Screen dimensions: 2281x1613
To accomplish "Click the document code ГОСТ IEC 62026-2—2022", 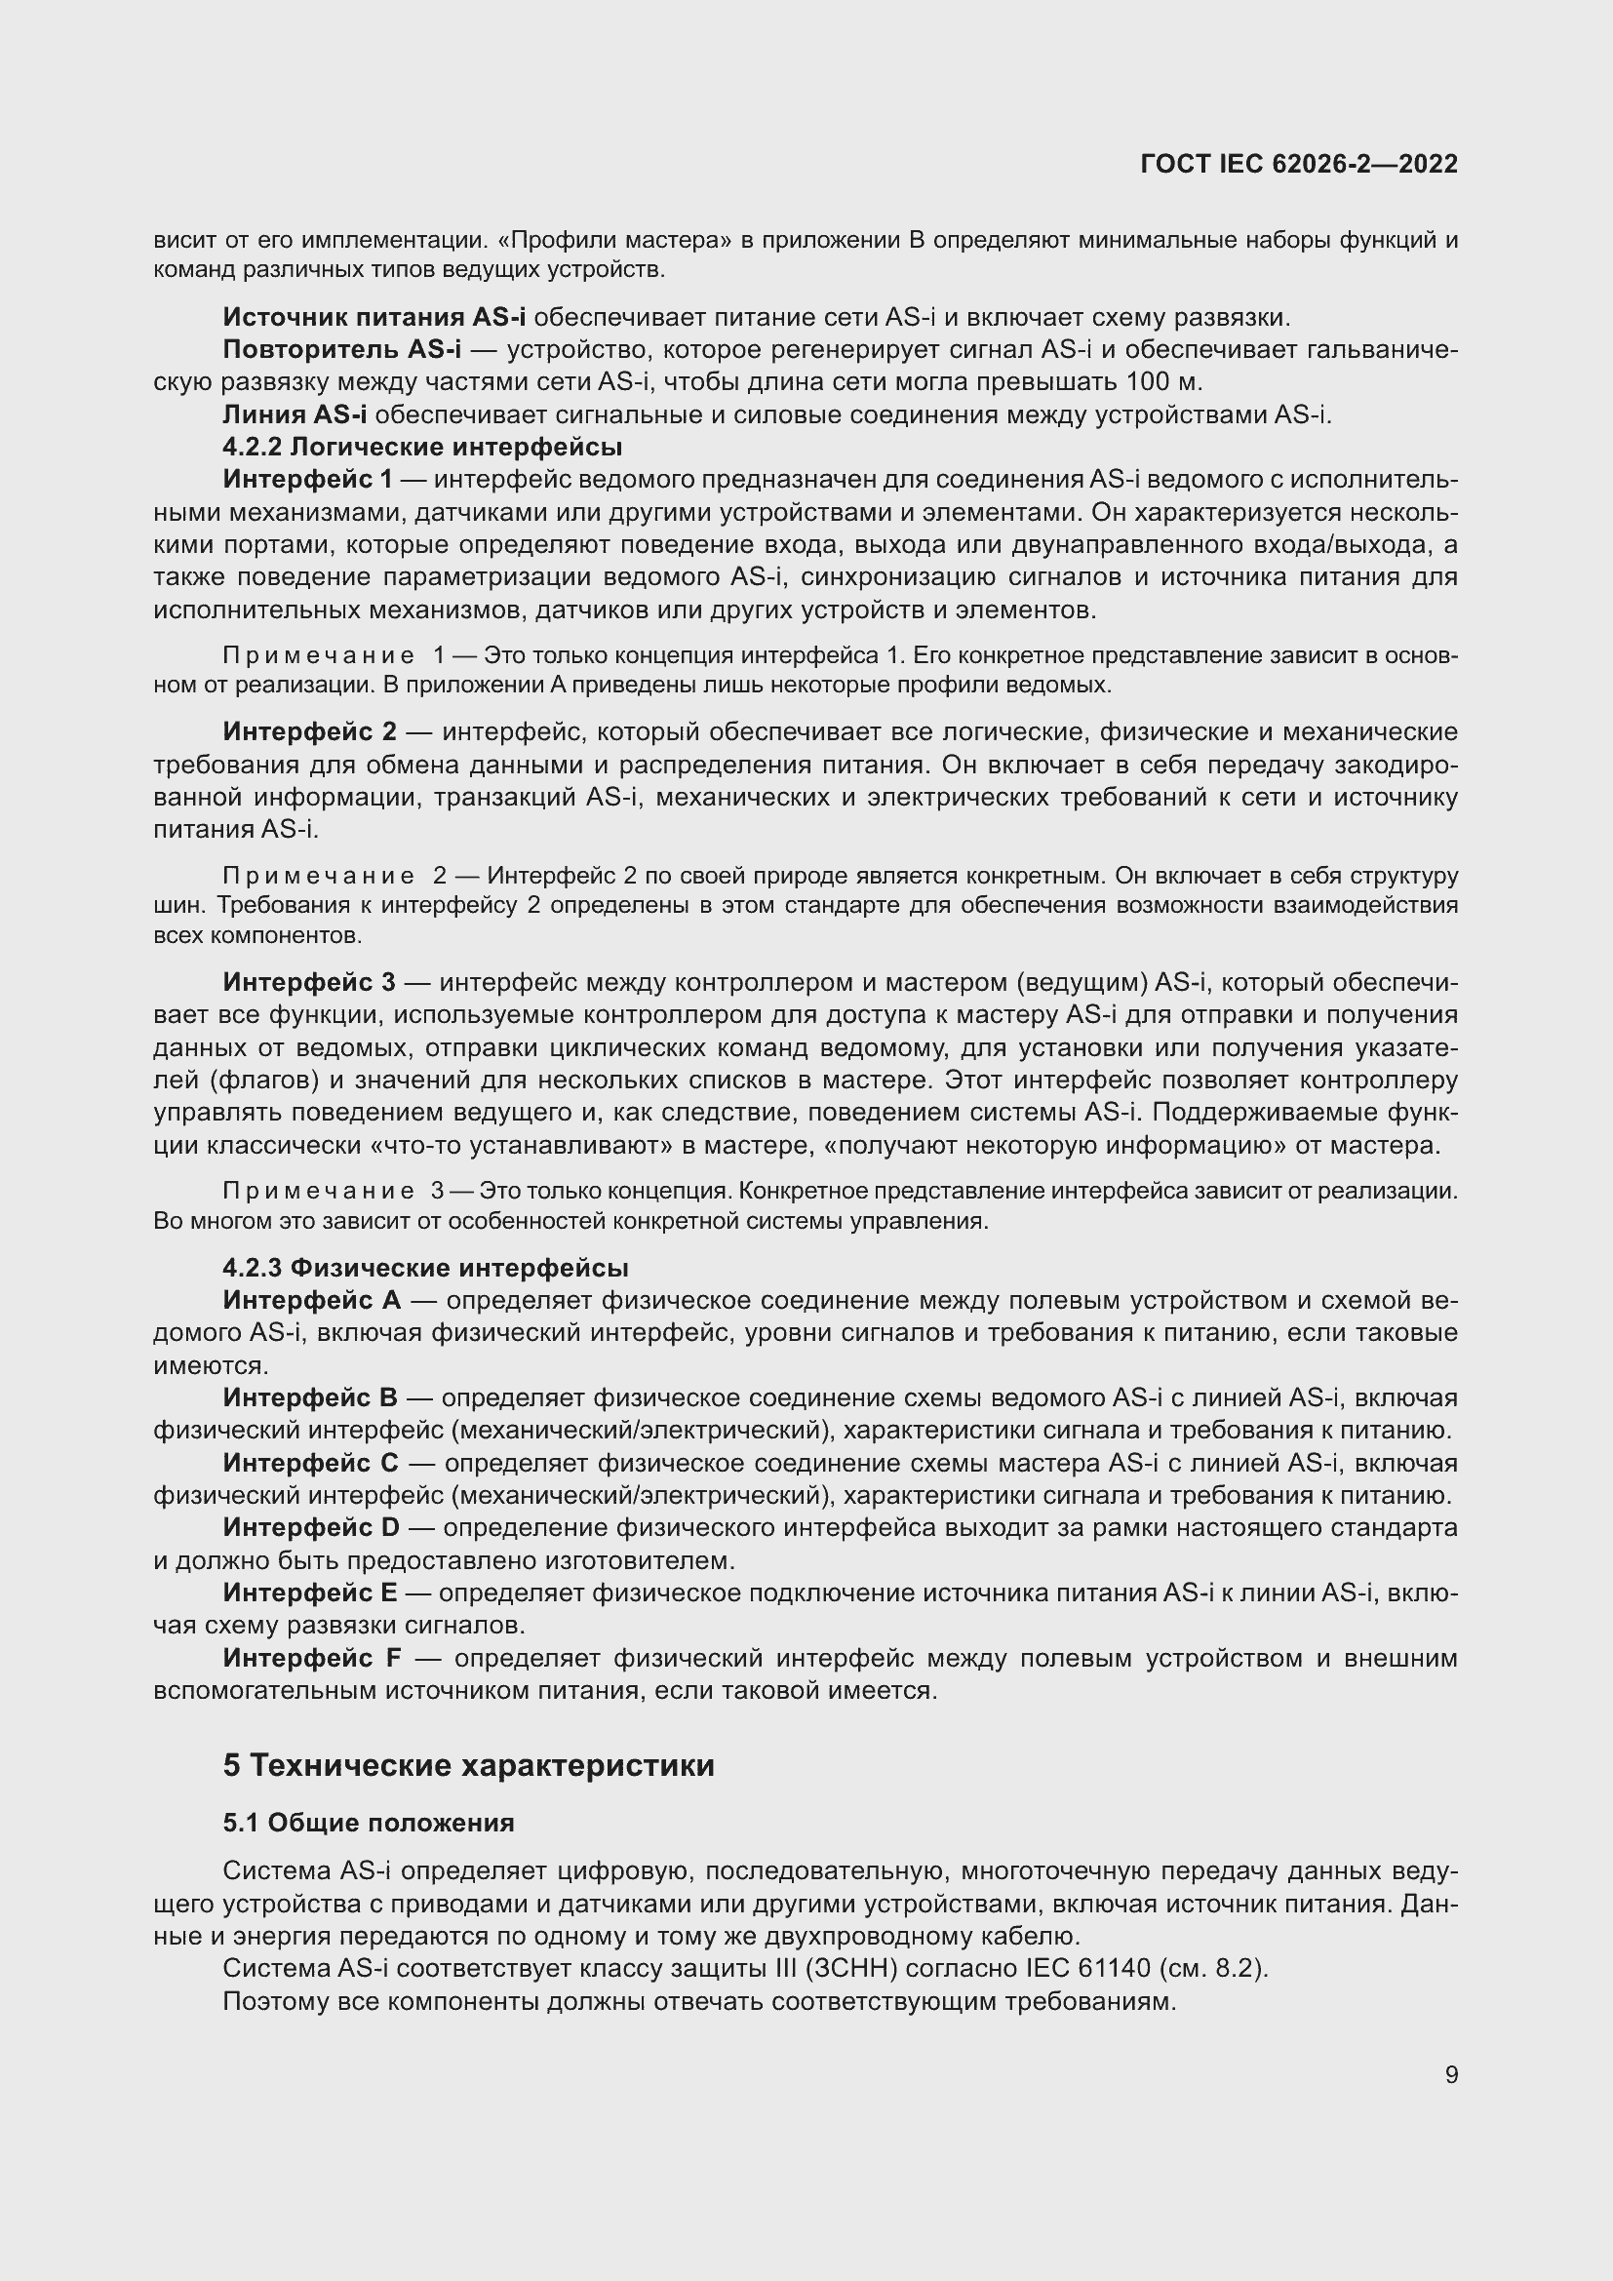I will tap(1298, 164).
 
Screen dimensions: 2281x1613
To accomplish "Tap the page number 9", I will tap(1451, 2074).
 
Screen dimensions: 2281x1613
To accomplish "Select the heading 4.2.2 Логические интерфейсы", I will tap(422, 447).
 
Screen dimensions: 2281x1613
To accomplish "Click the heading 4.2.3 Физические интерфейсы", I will tap(425, 1268).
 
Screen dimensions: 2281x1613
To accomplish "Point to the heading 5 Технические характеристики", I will tap(468, 1765).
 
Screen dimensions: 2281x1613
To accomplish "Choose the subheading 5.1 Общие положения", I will tap(369, 1822).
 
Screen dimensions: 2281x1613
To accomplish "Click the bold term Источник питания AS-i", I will tap(374, 318).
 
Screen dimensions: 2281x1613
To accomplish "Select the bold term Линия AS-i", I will tap(294, 415).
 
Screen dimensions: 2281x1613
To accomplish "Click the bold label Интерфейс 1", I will tap(308, 480).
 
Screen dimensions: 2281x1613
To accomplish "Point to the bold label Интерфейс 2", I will tap(310, 732).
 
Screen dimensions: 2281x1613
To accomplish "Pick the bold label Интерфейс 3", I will tap(309, 983).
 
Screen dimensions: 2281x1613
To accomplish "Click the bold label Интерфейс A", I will tap(312, 1301).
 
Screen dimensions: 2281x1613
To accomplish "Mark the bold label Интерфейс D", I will tap(311, 1527).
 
